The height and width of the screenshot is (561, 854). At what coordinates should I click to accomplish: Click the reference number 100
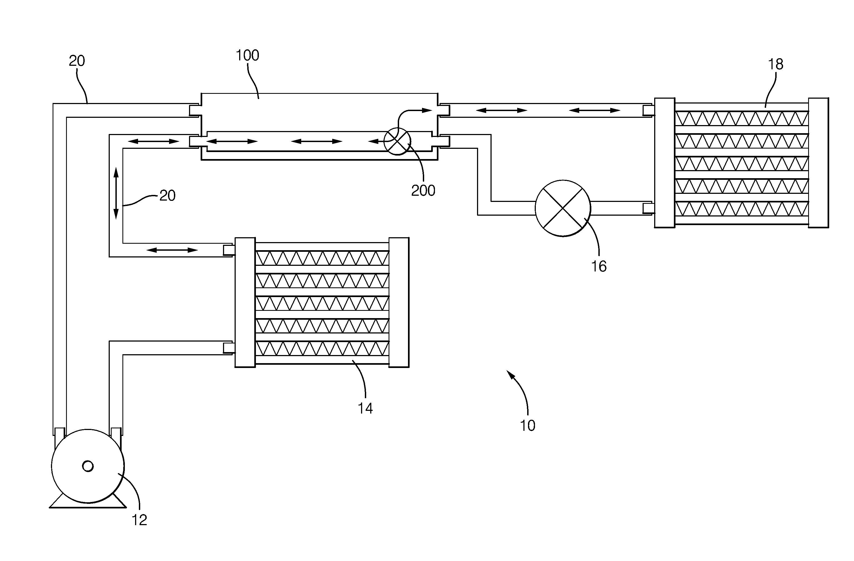click(x=247, y=56)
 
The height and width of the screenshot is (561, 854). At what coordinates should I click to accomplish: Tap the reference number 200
click(x=423, y=191)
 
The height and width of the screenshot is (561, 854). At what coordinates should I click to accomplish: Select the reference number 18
click(x=776, y=65)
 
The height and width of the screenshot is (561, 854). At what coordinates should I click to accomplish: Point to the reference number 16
click(x=599, y=267)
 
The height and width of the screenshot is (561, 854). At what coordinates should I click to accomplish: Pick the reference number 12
click(x=139, y=520)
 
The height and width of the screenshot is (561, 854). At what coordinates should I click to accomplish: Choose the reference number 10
click(x=527, y=426)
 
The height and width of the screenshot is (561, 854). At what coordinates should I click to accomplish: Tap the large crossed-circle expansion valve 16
click(x=563, y=208)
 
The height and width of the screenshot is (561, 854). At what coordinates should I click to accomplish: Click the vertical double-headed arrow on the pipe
click(x=116, y=193)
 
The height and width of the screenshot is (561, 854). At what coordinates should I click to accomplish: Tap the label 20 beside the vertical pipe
click(x=167, y=196)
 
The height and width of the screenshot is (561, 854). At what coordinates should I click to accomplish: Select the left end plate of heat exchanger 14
click(x=245, y=302)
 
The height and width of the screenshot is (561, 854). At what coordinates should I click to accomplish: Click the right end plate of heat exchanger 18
click(x=818, y=163)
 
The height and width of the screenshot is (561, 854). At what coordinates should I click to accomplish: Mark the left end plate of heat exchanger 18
click(x=664, y=163)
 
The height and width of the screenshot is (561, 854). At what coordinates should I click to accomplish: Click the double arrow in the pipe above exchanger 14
click(x=172, y=250)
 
